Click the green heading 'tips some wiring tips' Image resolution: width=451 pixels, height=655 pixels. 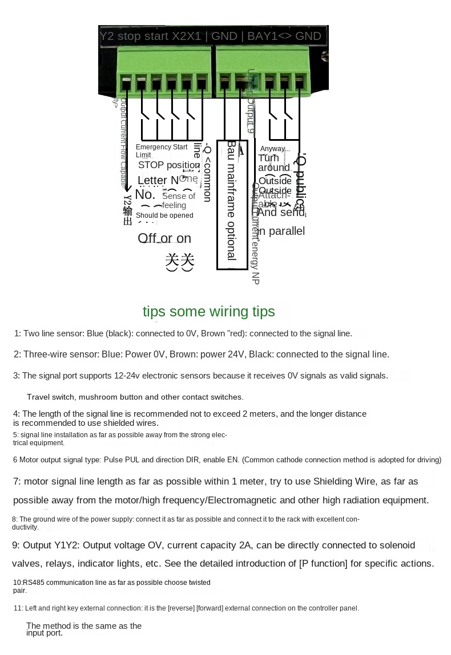(208, 311)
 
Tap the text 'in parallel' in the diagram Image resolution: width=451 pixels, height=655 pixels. (280, 231)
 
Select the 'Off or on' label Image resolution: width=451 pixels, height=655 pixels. (164, 238)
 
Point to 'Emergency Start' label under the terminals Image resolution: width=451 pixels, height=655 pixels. (162, 147)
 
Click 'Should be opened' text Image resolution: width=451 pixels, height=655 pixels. (164, 215)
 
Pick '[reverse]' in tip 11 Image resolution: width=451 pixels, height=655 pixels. (180, 608)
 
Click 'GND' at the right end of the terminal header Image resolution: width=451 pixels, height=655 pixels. (308, 36)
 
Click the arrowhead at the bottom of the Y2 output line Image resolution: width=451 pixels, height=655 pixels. (127, 189)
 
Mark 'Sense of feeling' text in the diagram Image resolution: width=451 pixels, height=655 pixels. (178, 201)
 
